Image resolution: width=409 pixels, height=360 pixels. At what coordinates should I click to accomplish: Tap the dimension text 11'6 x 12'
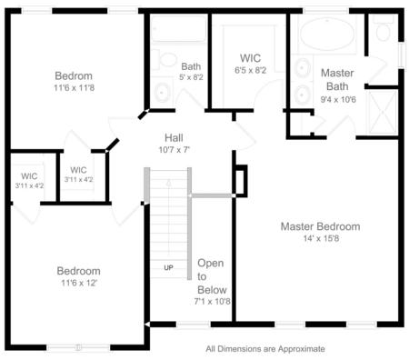[x=79, y=283]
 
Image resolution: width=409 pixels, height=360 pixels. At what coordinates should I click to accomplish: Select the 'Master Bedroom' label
[x=320, y=226]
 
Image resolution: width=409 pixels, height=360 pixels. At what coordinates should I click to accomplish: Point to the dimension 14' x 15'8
[x=320, y=238]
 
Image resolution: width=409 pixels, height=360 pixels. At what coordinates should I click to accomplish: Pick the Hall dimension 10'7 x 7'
[x=174, y=149]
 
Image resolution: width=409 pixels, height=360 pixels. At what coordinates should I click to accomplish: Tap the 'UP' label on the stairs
[x=168, y=267]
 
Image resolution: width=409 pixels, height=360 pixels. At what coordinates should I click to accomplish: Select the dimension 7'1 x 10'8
[x=213, y=300]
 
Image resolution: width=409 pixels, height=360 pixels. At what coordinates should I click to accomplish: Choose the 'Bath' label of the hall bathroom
[x=191, y=66]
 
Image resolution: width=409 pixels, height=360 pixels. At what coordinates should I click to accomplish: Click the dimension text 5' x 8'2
[x=191, y=77]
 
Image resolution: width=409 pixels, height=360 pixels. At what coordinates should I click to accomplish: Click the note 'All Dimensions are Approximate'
[x=264, y=348]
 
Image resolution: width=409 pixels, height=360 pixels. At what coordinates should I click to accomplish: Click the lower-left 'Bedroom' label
[x=79, y=271]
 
